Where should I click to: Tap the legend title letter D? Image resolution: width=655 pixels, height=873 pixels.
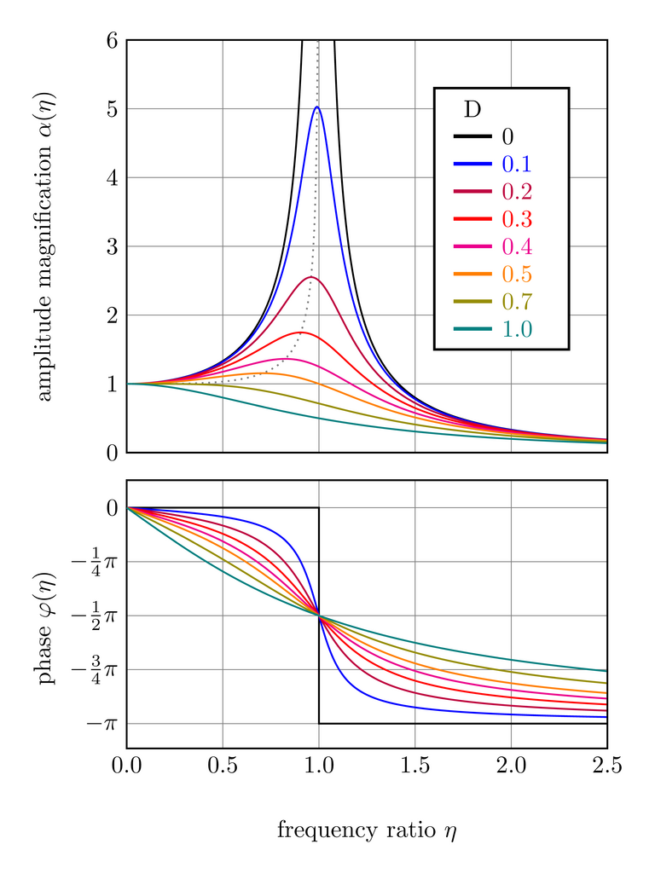coord(472,109)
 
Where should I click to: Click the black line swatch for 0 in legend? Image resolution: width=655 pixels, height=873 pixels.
coord(472,136)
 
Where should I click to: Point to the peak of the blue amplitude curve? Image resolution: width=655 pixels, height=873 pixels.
coord(317,107)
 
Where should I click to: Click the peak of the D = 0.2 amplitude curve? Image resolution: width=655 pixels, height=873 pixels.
coord(310,277)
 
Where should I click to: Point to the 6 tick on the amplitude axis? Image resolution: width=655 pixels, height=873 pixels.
coord(112,40)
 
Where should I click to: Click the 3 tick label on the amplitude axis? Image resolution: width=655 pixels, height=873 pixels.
coord(112,246)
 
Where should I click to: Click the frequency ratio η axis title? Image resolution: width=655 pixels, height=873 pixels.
coord(367,830)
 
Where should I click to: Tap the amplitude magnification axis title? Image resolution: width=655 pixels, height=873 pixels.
coord(45,246)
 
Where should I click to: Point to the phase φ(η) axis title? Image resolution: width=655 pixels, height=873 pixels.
coord(45,614)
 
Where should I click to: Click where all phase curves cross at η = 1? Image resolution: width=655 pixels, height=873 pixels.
coord(319,615)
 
